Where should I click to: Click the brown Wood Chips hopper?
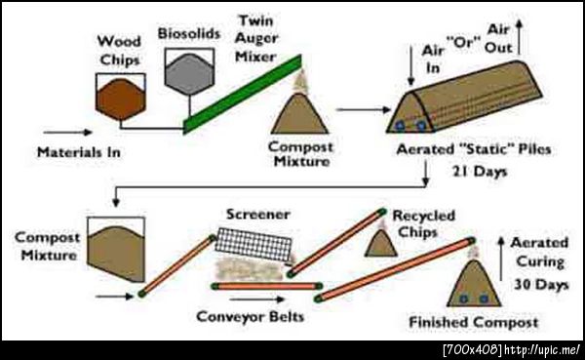tap(121, 99)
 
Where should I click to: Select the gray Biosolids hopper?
tap(189, 74)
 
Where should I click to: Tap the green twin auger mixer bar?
tap(243, 94)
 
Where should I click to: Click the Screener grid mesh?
tap(253, 244)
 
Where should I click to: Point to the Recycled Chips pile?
tap(381, 244)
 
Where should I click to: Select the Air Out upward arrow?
tap(519, 37)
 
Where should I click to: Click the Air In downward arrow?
tap(411, 65)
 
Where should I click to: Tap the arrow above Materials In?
tap(68, 133)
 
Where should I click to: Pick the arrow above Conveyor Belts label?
tap(257, 300)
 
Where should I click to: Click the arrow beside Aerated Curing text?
tap(502, 259)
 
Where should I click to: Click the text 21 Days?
tap(480, 172)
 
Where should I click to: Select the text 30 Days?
tap(541, 285)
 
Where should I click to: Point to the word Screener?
tap(258, 215)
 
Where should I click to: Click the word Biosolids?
tap(189, 33)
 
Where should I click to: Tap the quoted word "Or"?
tap(463, 43)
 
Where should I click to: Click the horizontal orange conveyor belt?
tap(267, 287)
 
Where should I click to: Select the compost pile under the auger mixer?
tap(299, 114)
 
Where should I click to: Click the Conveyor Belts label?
tap(251, 317)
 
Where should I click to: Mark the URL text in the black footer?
tap(542, 350)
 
